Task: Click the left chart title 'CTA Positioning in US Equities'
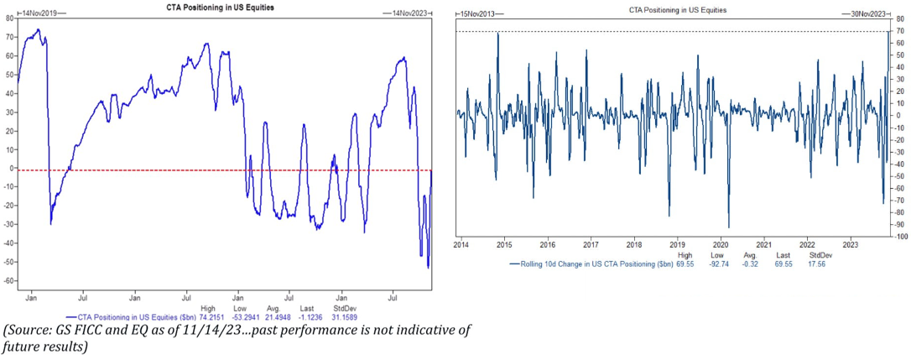pyautogui.click(x=219, y=8)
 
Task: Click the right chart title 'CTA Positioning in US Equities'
pyautogui.click(x=678, y=10)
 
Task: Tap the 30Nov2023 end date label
pyautogui.click(x=863, y=14)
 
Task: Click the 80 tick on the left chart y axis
pyautogui.click(x=9, y=18)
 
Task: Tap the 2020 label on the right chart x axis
pyautogui.click(x=721, y=244)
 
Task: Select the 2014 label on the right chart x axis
pyautogui.click(x=461, y=244)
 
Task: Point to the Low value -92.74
pyautogui.click(x=718, y=263)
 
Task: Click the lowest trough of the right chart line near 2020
pyautogui.click(x=728, y=227)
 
